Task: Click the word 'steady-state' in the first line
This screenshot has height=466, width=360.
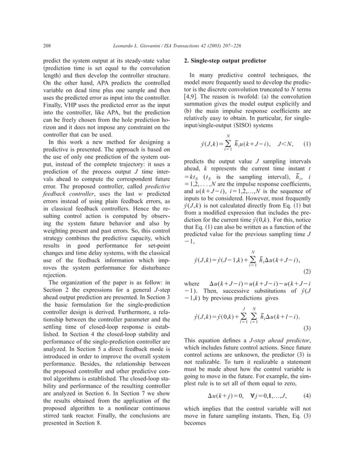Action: point(137,59)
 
